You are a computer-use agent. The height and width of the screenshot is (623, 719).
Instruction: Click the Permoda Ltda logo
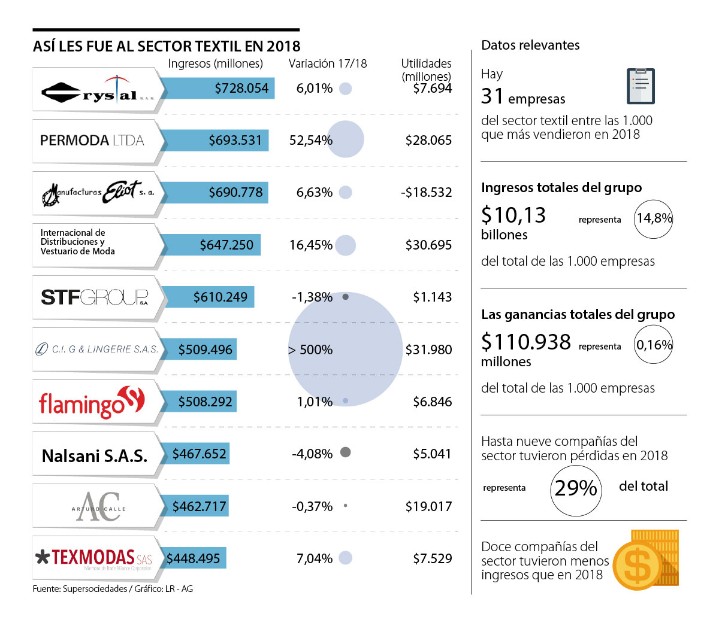92,141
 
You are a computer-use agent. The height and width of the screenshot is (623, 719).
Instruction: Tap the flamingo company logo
92,402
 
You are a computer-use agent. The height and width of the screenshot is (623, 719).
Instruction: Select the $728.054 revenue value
241,89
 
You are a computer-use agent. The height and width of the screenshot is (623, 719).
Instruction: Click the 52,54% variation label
310,141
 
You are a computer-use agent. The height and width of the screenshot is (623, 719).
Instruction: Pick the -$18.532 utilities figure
426,193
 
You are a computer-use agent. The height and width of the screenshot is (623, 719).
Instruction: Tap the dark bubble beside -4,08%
345,452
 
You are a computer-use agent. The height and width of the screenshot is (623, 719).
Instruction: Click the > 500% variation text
310,350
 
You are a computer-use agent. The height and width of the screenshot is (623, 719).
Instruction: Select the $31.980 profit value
428,350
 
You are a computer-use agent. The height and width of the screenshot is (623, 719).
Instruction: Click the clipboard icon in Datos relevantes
640,86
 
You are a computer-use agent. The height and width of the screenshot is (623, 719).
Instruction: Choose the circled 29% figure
576,489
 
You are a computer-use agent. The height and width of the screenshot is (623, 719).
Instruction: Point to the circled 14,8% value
654,218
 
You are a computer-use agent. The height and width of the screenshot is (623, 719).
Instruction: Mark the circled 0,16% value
654,345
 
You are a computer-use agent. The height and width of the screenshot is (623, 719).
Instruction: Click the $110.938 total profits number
526,342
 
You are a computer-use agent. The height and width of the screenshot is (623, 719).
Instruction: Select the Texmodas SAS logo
94,558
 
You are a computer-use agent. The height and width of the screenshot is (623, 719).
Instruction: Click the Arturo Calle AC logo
98,507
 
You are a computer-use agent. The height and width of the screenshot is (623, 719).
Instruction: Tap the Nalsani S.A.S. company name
95,456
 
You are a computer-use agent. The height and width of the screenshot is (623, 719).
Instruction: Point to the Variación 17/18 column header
327,63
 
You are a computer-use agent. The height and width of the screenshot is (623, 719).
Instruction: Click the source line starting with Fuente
113,589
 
